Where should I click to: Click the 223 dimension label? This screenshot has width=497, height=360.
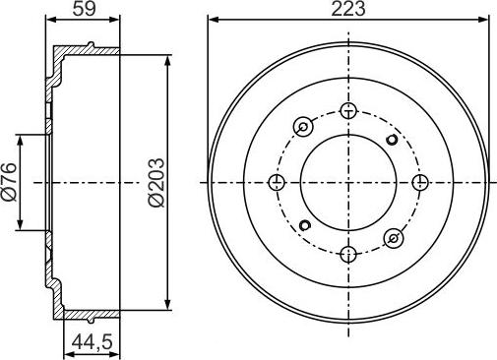pyautogui.click(x=348, y=9)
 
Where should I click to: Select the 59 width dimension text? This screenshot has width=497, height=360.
pyautogui.click(x=85, y=9)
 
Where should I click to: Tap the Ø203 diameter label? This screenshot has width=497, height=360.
pyautogui.click(x=156, y=182)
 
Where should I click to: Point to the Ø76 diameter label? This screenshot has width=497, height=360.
pyautogui.click(x=9, y=181)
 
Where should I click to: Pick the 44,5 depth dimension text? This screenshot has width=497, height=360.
pyautogui.click(x=93, y=341)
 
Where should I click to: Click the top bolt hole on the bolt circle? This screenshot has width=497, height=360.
pyautogui.click(x=348, y=111)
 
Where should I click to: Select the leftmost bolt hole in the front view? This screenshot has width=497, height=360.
pyautogui.click(x=277, y=182)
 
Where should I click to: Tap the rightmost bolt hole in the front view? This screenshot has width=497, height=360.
pyautogui.click(x=420, y=182)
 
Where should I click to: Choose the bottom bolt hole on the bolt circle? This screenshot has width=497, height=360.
pyautogui.click(x=348, y=254)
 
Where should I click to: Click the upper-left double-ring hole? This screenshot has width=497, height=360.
pyautogui.click(x=303, y=127)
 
